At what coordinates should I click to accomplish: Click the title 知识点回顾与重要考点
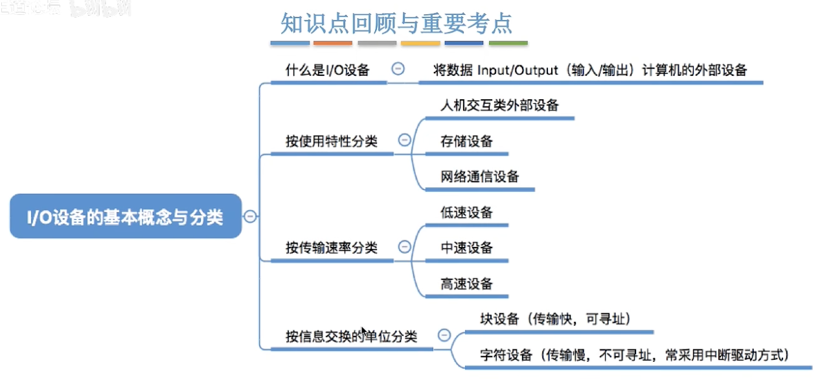(x=396, y=23)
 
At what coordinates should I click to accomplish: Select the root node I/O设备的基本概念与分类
(x=125, y=217)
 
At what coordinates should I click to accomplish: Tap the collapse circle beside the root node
(x=250, y=217)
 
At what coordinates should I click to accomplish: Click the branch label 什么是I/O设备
(x=327, y=70)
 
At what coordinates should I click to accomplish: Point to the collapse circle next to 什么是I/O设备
(x=398, y=69)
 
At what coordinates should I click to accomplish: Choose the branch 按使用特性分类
(x=331, y=141)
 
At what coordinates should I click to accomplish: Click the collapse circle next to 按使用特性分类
(x=404, y=140)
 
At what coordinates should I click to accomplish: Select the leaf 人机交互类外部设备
(x=499, y=105)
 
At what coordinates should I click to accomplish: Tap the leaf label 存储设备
(x=466, y=141)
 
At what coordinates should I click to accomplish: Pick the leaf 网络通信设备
(x=479, y=176)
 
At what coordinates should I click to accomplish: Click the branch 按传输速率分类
(x=331, y=248)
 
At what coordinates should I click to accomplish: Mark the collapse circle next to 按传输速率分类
(x=404, y=247)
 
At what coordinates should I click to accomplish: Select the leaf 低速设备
(x=466, y=213)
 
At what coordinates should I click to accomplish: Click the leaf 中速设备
(x=466, y=248)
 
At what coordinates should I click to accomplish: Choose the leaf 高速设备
(x=466, y=283)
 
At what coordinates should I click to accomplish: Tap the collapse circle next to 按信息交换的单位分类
(x=444, y=335)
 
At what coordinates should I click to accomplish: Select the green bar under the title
(x=508, y=43)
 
